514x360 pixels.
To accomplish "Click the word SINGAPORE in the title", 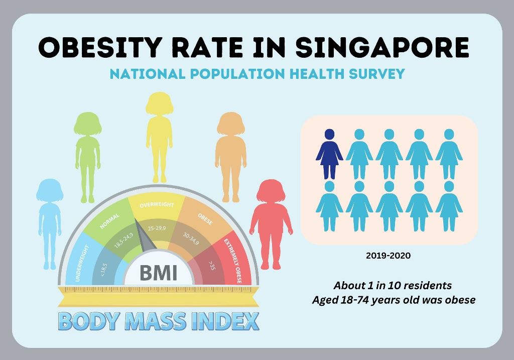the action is pos(382,47).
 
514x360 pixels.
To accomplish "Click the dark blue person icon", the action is pos(329,154).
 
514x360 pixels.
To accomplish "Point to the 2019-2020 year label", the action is pos(388,256).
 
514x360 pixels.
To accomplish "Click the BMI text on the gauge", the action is pos(159,273).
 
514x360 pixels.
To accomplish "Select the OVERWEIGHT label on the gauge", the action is pos(157,205).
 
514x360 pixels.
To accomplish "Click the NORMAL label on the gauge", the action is pos(110,221).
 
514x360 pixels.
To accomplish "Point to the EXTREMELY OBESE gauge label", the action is pos(233,261).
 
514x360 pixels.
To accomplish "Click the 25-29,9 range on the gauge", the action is pos(157,228).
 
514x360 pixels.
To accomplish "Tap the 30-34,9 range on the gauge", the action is pos(191,238).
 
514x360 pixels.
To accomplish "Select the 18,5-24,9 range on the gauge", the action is pos(123,241).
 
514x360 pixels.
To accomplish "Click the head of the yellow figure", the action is pos(159,103).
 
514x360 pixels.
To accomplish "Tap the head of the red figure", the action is pos(271,191).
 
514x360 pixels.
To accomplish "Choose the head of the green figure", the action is pos(87,124).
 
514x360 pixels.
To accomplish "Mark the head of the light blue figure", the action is pos(50,190).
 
